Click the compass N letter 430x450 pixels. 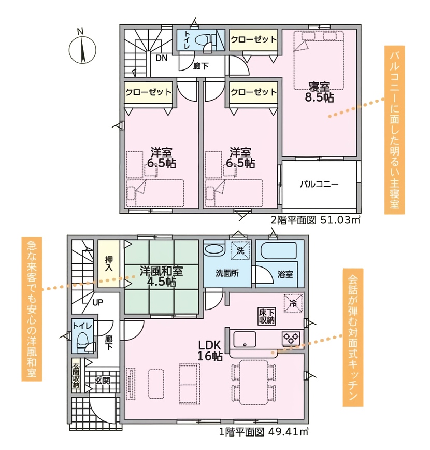pos(80,31)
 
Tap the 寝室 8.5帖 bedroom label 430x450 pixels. pos(319,92)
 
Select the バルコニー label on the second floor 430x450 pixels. pos(319,184)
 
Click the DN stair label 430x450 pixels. pos(162,58)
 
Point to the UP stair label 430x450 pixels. pos(98,302)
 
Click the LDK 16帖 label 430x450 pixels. pos(210,350)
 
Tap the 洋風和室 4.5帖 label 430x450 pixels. pos(162,276)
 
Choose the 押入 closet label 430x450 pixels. pos(109,264)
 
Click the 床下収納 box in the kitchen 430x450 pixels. pos(267,317)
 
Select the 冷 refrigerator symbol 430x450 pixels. pos(293,303)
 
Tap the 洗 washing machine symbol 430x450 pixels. pos(240,250)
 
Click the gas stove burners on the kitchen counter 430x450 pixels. pos(291,338)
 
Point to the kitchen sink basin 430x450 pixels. pos(245,340)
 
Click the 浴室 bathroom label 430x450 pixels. pos(285,274)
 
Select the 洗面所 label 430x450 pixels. pos(227,273)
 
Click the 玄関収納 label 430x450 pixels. pos(76,376)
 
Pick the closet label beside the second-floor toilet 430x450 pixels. pos(253,39)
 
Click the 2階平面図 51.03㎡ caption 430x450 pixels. pos(316,220)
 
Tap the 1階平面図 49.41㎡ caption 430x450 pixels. pos(264,432)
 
